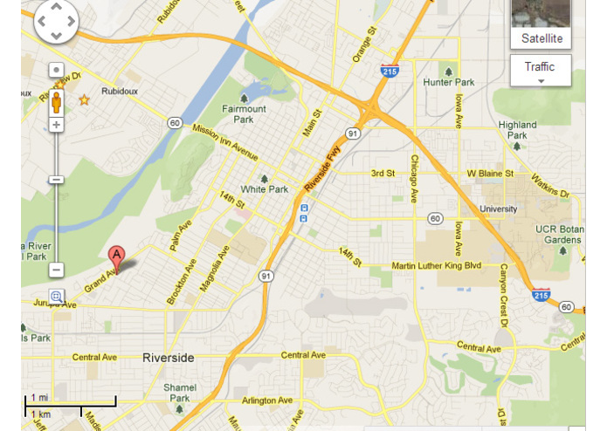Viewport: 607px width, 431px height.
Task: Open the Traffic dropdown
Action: [540, 70]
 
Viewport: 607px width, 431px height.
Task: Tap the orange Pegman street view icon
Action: [58, 100]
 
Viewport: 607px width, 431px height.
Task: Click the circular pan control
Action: [56, 21]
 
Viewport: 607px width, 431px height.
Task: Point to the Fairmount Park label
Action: [244, 113]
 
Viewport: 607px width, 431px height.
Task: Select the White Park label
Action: [264, 188]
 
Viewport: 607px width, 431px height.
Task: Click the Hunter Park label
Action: [448, 82]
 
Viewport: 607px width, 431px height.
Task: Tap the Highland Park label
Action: [517, 130]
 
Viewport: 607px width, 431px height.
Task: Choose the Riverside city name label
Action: [168, 358]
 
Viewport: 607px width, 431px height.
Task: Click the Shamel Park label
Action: [180, 393]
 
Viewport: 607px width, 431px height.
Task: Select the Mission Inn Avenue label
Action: [225, 142]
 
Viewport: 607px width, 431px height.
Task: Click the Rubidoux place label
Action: [120, 90]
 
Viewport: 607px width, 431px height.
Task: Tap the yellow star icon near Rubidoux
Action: [85, 100]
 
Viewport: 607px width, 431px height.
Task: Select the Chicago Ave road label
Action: [415, 176]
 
